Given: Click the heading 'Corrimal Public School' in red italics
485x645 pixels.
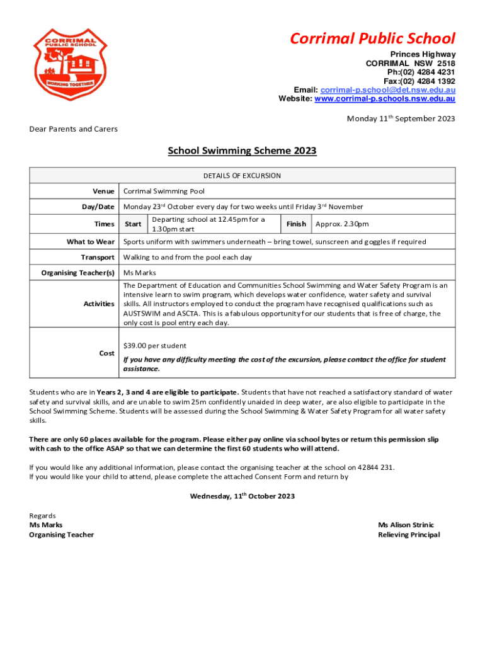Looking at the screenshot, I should pos(372,39).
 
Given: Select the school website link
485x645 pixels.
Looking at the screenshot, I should pos(384,99).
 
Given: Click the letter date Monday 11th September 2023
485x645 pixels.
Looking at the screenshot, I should pos(401,118).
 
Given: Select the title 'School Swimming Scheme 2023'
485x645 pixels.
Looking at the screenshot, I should pos(242,151).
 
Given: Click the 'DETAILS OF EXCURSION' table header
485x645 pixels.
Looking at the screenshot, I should pos(242,176).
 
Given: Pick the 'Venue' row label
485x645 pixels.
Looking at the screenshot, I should pos(103,191).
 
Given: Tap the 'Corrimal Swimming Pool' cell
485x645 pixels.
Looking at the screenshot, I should pos(164,191).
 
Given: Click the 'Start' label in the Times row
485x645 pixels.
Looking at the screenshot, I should pos(133,224).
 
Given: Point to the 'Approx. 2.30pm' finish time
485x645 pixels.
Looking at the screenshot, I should pos(342,224).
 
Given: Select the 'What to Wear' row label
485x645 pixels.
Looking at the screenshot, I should pos(91,242).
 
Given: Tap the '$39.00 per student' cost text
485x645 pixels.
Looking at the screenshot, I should pos(154,346).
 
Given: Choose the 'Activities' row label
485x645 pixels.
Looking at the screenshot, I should pos(99,304).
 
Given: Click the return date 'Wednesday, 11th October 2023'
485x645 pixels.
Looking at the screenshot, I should pos(242,496).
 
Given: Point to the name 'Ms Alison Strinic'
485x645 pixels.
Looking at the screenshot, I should pos(406,525).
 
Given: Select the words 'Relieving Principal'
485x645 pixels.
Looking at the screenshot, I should pos(409,535).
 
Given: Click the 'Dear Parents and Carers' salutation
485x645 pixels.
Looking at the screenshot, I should pos(74,129).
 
